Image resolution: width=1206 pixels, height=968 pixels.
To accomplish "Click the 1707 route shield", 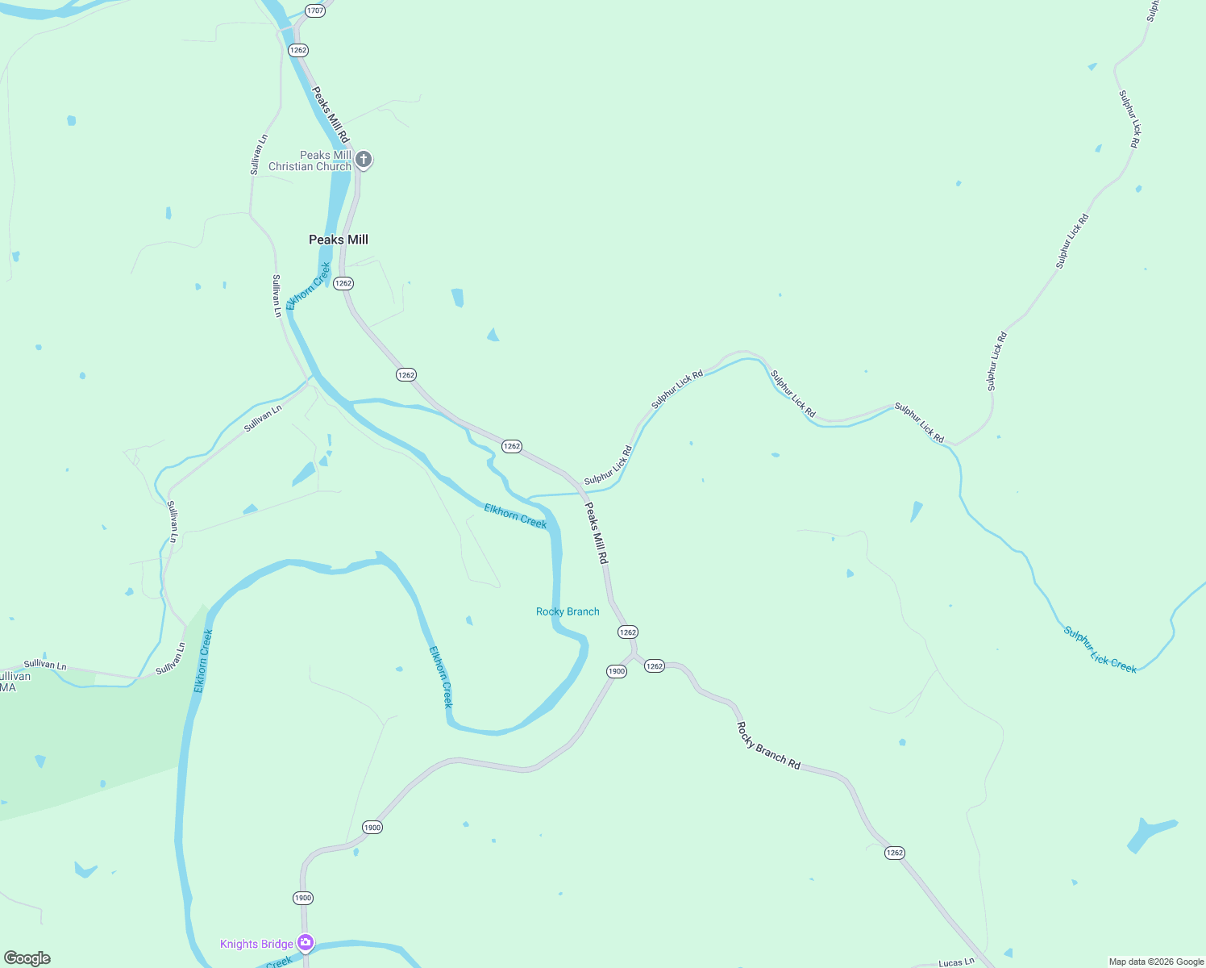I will pyautogui.click(x=315, y=10).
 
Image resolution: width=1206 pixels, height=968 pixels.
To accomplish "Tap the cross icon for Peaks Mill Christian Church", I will pyautogui.click(x=364, y=159).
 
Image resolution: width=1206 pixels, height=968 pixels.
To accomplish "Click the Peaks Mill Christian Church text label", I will pyautogui.click(x=310, y=161).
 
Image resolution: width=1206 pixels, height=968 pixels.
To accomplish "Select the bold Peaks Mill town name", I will pyautogui.click(x=339, y=240).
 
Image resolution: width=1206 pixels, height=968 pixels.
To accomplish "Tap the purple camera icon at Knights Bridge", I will pyautogui.click(x=306, y=942).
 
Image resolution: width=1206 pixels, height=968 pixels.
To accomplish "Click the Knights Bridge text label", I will pyautogui.click(x=256, y=944).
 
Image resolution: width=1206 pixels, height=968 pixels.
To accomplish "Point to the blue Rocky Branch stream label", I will pyautogui.click(x=568, y=611).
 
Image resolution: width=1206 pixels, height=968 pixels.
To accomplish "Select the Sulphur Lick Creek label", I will pyautogui.click(x=1100, y=649).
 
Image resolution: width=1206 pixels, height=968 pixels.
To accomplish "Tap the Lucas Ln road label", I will pyautogui.click(x=956, y=962).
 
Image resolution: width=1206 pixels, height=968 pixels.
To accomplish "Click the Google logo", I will pyautogui.click(x=27, y=958).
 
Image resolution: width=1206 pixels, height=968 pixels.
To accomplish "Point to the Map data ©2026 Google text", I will pyautogui.click(x=1156, y=962).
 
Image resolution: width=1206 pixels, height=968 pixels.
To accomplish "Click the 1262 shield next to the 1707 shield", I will pyautogui.click(x=298, y=50).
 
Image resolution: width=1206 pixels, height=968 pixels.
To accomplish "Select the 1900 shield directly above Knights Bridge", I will pyautogui.click(x=302, y=898).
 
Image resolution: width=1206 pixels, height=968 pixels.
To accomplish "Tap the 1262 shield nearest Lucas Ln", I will pyautogui.click(x=894, y=853).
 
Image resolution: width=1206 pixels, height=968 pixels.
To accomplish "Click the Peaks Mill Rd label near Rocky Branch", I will pyautogui.click(x=596, y=532).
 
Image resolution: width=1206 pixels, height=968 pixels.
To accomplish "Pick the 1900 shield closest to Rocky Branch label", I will pyautogui.click(x=616, y=671).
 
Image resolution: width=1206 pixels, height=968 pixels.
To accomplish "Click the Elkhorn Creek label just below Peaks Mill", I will pyautogui.click(x=308, y=286).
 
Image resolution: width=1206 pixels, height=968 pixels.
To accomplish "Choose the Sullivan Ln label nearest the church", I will pyautogui.click(x=257, y=155).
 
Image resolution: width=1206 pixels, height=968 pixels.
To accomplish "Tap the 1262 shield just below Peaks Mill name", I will pyautogui.click(x=343, y=283).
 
